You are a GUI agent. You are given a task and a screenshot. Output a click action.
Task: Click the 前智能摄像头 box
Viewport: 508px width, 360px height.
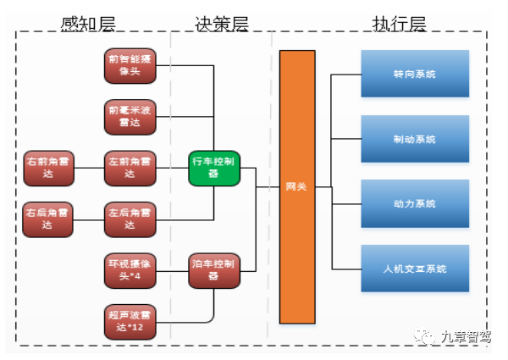tap(130, 66)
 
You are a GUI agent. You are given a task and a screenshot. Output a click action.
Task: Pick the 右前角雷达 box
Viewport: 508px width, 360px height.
tap(49, 167)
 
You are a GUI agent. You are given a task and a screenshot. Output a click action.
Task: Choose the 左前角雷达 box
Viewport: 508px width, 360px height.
tap(130, 167)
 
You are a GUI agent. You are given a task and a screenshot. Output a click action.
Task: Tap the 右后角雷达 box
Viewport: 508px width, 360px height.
tap(49, 219)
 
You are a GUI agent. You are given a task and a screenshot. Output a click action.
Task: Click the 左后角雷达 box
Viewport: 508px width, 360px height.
tap(130, 219)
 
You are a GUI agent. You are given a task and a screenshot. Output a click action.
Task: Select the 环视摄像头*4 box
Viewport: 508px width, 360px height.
tap(130, 269)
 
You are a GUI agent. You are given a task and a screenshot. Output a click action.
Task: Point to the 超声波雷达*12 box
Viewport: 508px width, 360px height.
tap(130, 321)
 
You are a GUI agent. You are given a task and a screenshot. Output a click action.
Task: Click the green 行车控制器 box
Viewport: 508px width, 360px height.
tap(213, 167)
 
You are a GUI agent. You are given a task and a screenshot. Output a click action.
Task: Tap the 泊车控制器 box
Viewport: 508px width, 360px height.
tap(213, 269)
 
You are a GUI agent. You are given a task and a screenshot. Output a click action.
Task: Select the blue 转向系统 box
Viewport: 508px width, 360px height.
tap(414, 75)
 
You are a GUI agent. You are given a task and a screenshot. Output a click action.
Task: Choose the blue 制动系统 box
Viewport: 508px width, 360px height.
tap(414, 139)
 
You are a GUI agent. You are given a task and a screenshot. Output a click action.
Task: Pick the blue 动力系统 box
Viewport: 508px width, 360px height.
tap(414, 204)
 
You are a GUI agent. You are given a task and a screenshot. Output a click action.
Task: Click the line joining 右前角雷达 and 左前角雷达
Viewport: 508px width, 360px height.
tap(89, 167)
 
